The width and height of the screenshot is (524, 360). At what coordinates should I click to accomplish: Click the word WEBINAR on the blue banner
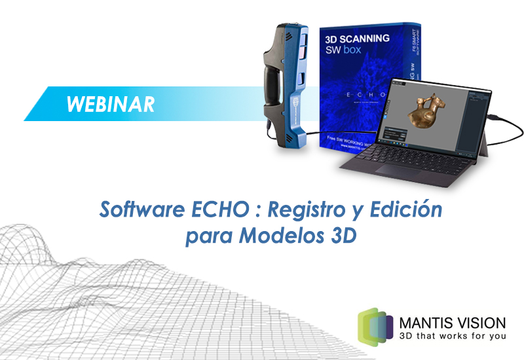pyautogui.click(x=111, y=104)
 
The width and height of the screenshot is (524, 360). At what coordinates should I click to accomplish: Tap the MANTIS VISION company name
pyautogui.click(x=452, y=323)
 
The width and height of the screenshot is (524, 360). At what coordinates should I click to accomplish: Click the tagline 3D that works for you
pyautogui.click(x=451, y=336)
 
